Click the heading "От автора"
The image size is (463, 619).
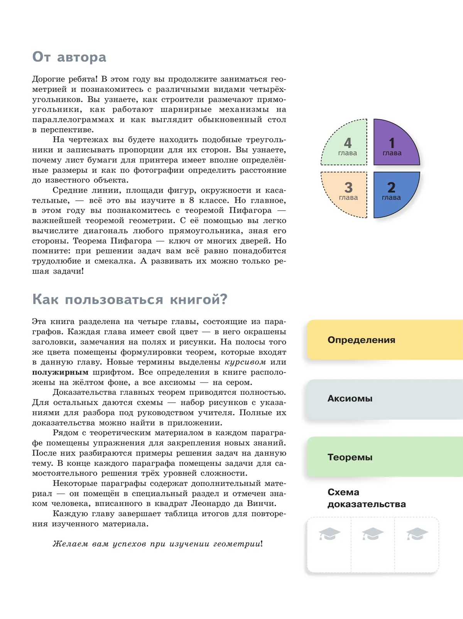(69, 57)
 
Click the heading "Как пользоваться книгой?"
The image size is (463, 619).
(130, 299)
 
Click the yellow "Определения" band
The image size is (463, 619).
(384, 340)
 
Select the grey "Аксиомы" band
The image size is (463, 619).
(384, 399)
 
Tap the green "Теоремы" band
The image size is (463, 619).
(384, 457)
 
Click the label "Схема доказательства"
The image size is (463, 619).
(366, 498)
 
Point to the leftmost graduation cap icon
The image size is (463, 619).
(329, 534)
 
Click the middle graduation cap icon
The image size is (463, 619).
(372, 534)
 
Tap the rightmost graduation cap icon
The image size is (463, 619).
(417, 534)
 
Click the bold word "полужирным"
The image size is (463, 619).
(60, 372)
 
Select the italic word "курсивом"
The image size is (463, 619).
(245, 362)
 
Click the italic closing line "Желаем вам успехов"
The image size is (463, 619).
(157, 544)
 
